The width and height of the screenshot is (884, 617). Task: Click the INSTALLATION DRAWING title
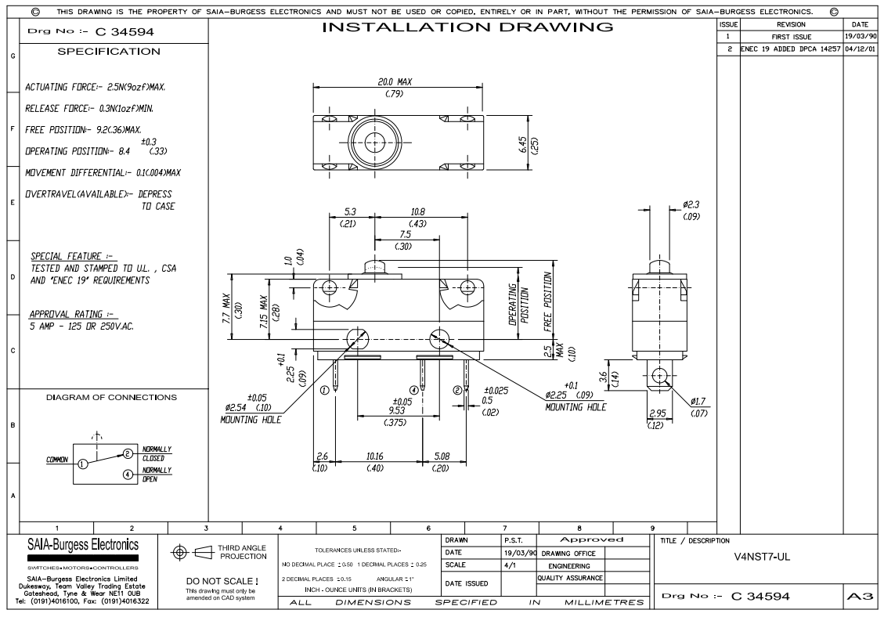468,27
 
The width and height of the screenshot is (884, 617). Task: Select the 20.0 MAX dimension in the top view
395,81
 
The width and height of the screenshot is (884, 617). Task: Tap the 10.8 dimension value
419,212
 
